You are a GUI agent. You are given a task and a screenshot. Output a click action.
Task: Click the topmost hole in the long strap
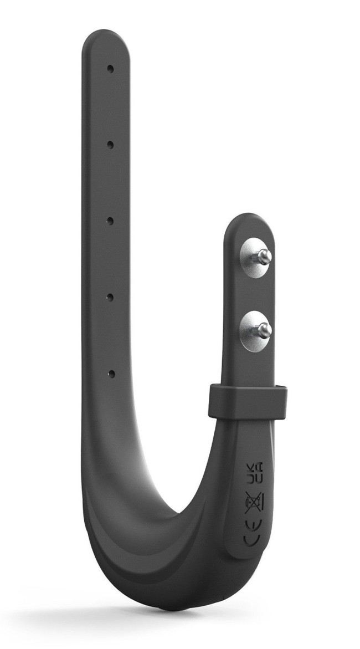111,69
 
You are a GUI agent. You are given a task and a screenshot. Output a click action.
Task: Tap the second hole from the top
110,145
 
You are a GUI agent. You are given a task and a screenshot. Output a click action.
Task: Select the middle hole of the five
110,221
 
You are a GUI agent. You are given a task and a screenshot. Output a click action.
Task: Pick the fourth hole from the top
110,297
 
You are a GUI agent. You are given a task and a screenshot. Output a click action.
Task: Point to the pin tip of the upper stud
267,256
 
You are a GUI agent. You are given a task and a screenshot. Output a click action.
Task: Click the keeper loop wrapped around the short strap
248,400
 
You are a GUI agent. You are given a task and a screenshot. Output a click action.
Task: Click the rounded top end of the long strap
107,42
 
